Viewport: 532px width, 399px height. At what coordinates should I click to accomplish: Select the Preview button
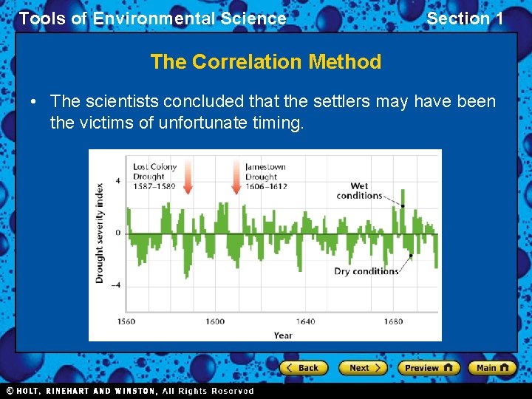tap(428, 367)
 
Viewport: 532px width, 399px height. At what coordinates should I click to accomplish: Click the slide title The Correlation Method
tap(265, 62)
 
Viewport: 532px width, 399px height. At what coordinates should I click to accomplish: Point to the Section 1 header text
tap(465, 18)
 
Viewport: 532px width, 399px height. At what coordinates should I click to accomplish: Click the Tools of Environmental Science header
tap(152, 18)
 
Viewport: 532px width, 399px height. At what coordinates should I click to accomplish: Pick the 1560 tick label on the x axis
tap(126, 321)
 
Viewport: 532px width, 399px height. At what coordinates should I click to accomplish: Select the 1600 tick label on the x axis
tap(215, 321)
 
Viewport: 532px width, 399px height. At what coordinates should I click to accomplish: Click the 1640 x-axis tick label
tap(305, 321)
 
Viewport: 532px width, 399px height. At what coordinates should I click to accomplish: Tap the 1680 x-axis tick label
tap(394, 321)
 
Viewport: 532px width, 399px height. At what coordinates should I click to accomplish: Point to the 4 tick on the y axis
tap(117, 180)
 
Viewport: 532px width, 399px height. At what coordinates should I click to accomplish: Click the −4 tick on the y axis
tap(116, 285)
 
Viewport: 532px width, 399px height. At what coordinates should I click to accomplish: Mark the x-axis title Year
tap(282, 335)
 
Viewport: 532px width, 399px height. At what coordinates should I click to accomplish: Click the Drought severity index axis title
tap(100, 233)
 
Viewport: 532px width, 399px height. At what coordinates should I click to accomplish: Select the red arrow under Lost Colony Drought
tap(188, 177)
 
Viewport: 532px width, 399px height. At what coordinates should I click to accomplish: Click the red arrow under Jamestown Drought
tap(236, 177)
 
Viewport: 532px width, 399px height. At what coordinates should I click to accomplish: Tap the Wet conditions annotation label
tap(359, 191)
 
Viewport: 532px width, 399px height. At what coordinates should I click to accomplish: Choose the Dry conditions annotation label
tap(366, 271)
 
